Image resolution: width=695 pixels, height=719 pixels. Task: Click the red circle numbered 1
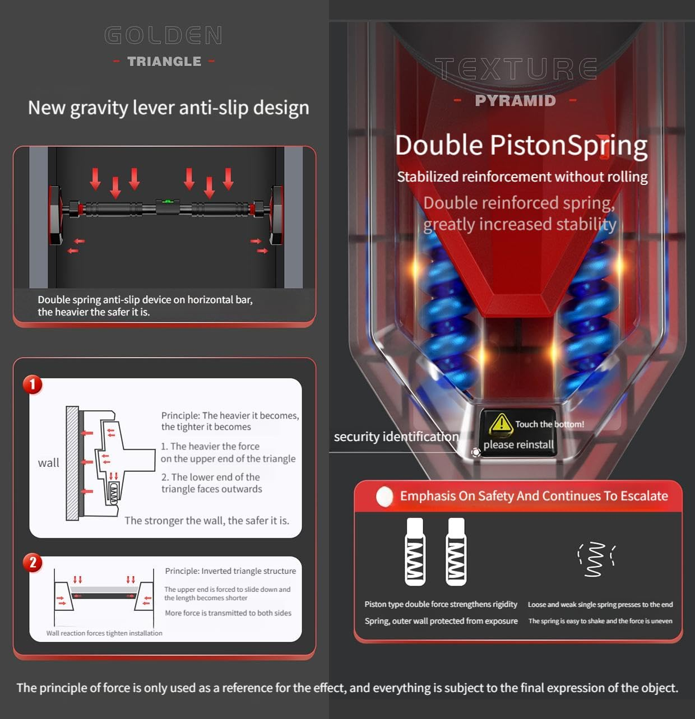(x=33, y=384)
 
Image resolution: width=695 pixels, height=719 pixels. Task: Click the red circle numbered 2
(x=33, y=562)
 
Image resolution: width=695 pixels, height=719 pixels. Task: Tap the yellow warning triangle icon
(x=501, y=424)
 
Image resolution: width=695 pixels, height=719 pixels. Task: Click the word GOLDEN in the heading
(x=163, y=35)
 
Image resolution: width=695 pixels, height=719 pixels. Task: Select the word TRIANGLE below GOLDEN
(x=164, y=61)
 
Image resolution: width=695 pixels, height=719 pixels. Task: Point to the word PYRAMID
(x=516, y=100)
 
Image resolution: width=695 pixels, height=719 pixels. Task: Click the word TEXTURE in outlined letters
(x=516, y=69)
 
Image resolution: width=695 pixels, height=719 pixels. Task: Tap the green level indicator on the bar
(x=168, y=202)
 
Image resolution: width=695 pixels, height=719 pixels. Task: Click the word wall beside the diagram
(x=48, y=462)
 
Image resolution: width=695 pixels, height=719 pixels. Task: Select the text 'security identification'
(x=396, y=437)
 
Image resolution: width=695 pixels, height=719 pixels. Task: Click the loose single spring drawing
(x=596, y=559)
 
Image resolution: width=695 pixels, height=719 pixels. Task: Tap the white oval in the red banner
(x=384, y=496)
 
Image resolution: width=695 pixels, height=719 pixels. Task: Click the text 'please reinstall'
(x=518, y=444)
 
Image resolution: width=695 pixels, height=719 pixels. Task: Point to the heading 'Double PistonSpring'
(x=521, y=146)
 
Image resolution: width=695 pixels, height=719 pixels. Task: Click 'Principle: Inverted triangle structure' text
(x=230, y=571)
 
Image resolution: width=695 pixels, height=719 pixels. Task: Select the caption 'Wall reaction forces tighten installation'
(x=104, y=633)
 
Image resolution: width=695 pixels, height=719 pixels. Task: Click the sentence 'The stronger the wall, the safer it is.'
(x=207, y=521)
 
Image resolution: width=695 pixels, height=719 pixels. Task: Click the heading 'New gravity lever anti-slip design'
(x=169, y=108)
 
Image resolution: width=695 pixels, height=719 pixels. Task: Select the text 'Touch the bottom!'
(x=550, y=424)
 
